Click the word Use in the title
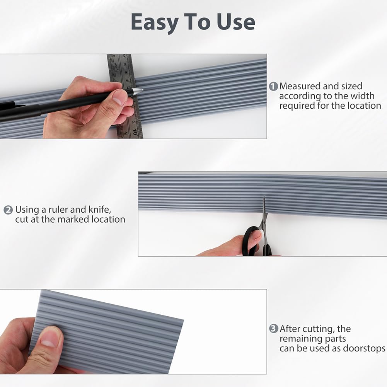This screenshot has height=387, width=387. tap(236, 22)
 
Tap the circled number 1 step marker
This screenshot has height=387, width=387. tap(273, 86)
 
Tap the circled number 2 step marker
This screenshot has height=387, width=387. tap(8, 210)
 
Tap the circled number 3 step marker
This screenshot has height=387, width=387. tap(273, 329)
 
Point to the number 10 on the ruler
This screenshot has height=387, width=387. tap(135, 131)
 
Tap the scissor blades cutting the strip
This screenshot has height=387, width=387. tap(264, 210)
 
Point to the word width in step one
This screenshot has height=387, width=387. tap(362, 96)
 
